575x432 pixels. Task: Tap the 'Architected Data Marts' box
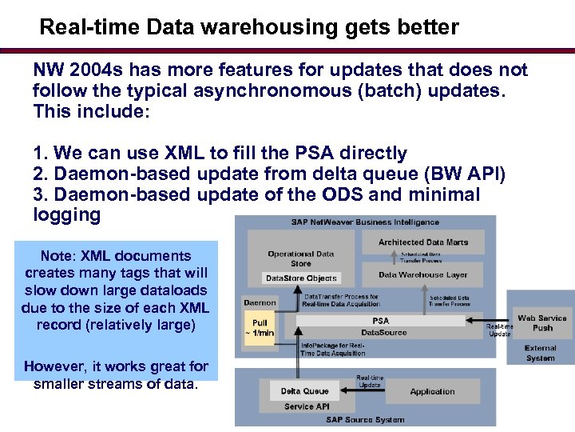click(x=423, y=242)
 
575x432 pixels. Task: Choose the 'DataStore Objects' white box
click(x=301, y=278)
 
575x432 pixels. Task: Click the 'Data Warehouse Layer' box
click(x=423, y=274)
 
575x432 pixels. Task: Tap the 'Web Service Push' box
click(x=541, y=322)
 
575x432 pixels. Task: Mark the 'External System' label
click(x=541, y=353)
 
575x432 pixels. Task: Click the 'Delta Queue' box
click(x=304, y=391)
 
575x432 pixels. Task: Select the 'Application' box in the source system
click(x=432, y=391)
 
